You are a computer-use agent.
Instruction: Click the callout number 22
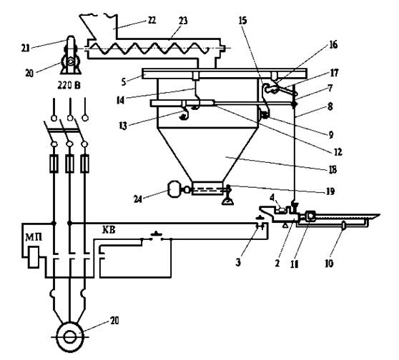(x=152, y=20)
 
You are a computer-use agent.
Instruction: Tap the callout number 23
(x=183, y=21)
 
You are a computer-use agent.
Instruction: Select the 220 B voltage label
(x=69, y=86)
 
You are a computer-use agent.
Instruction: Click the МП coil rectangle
(x=34, y=257)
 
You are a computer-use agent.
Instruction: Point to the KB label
(x=109, y=230)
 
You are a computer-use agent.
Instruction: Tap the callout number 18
(x=332, y=169)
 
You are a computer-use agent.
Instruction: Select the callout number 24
(x=138, y=199)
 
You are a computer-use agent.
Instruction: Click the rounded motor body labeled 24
(x=174, y=189)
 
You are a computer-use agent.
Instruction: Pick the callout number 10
(x=329, y=264)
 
